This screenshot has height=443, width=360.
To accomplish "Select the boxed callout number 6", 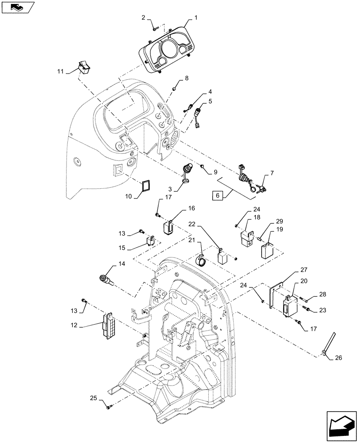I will (217, 195).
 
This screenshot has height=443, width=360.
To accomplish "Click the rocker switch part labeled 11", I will (83, 67).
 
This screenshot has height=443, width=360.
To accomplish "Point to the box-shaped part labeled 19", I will (266, 249).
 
